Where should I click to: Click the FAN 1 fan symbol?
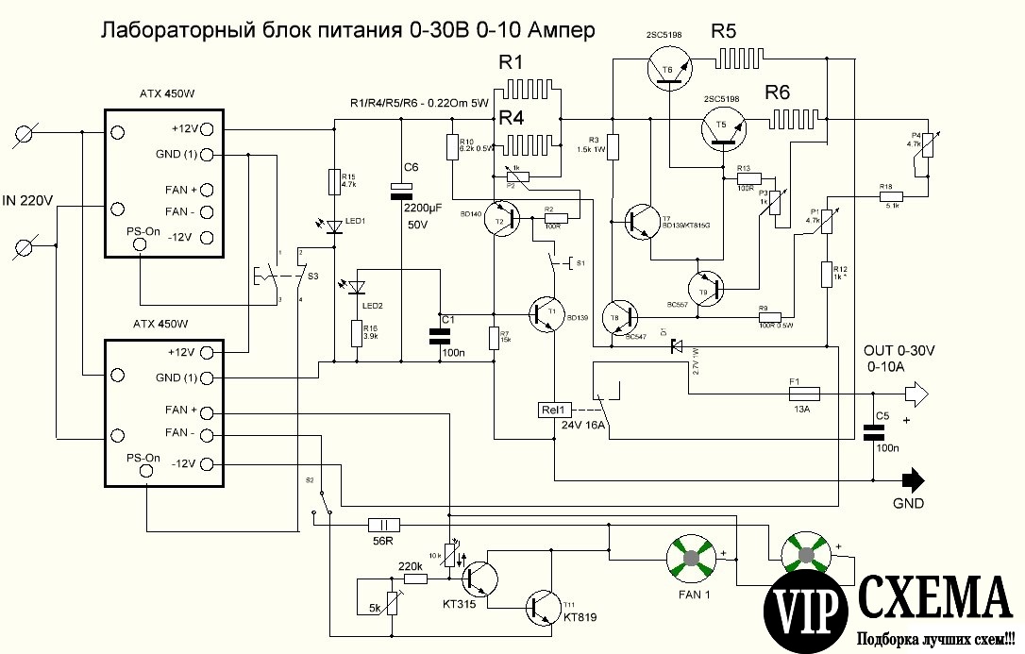[694, 558]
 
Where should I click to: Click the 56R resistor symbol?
[383, 525]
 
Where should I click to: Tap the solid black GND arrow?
[910, 478]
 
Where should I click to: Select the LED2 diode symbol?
[358, 286]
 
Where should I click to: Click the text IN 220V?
[29, 200]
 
